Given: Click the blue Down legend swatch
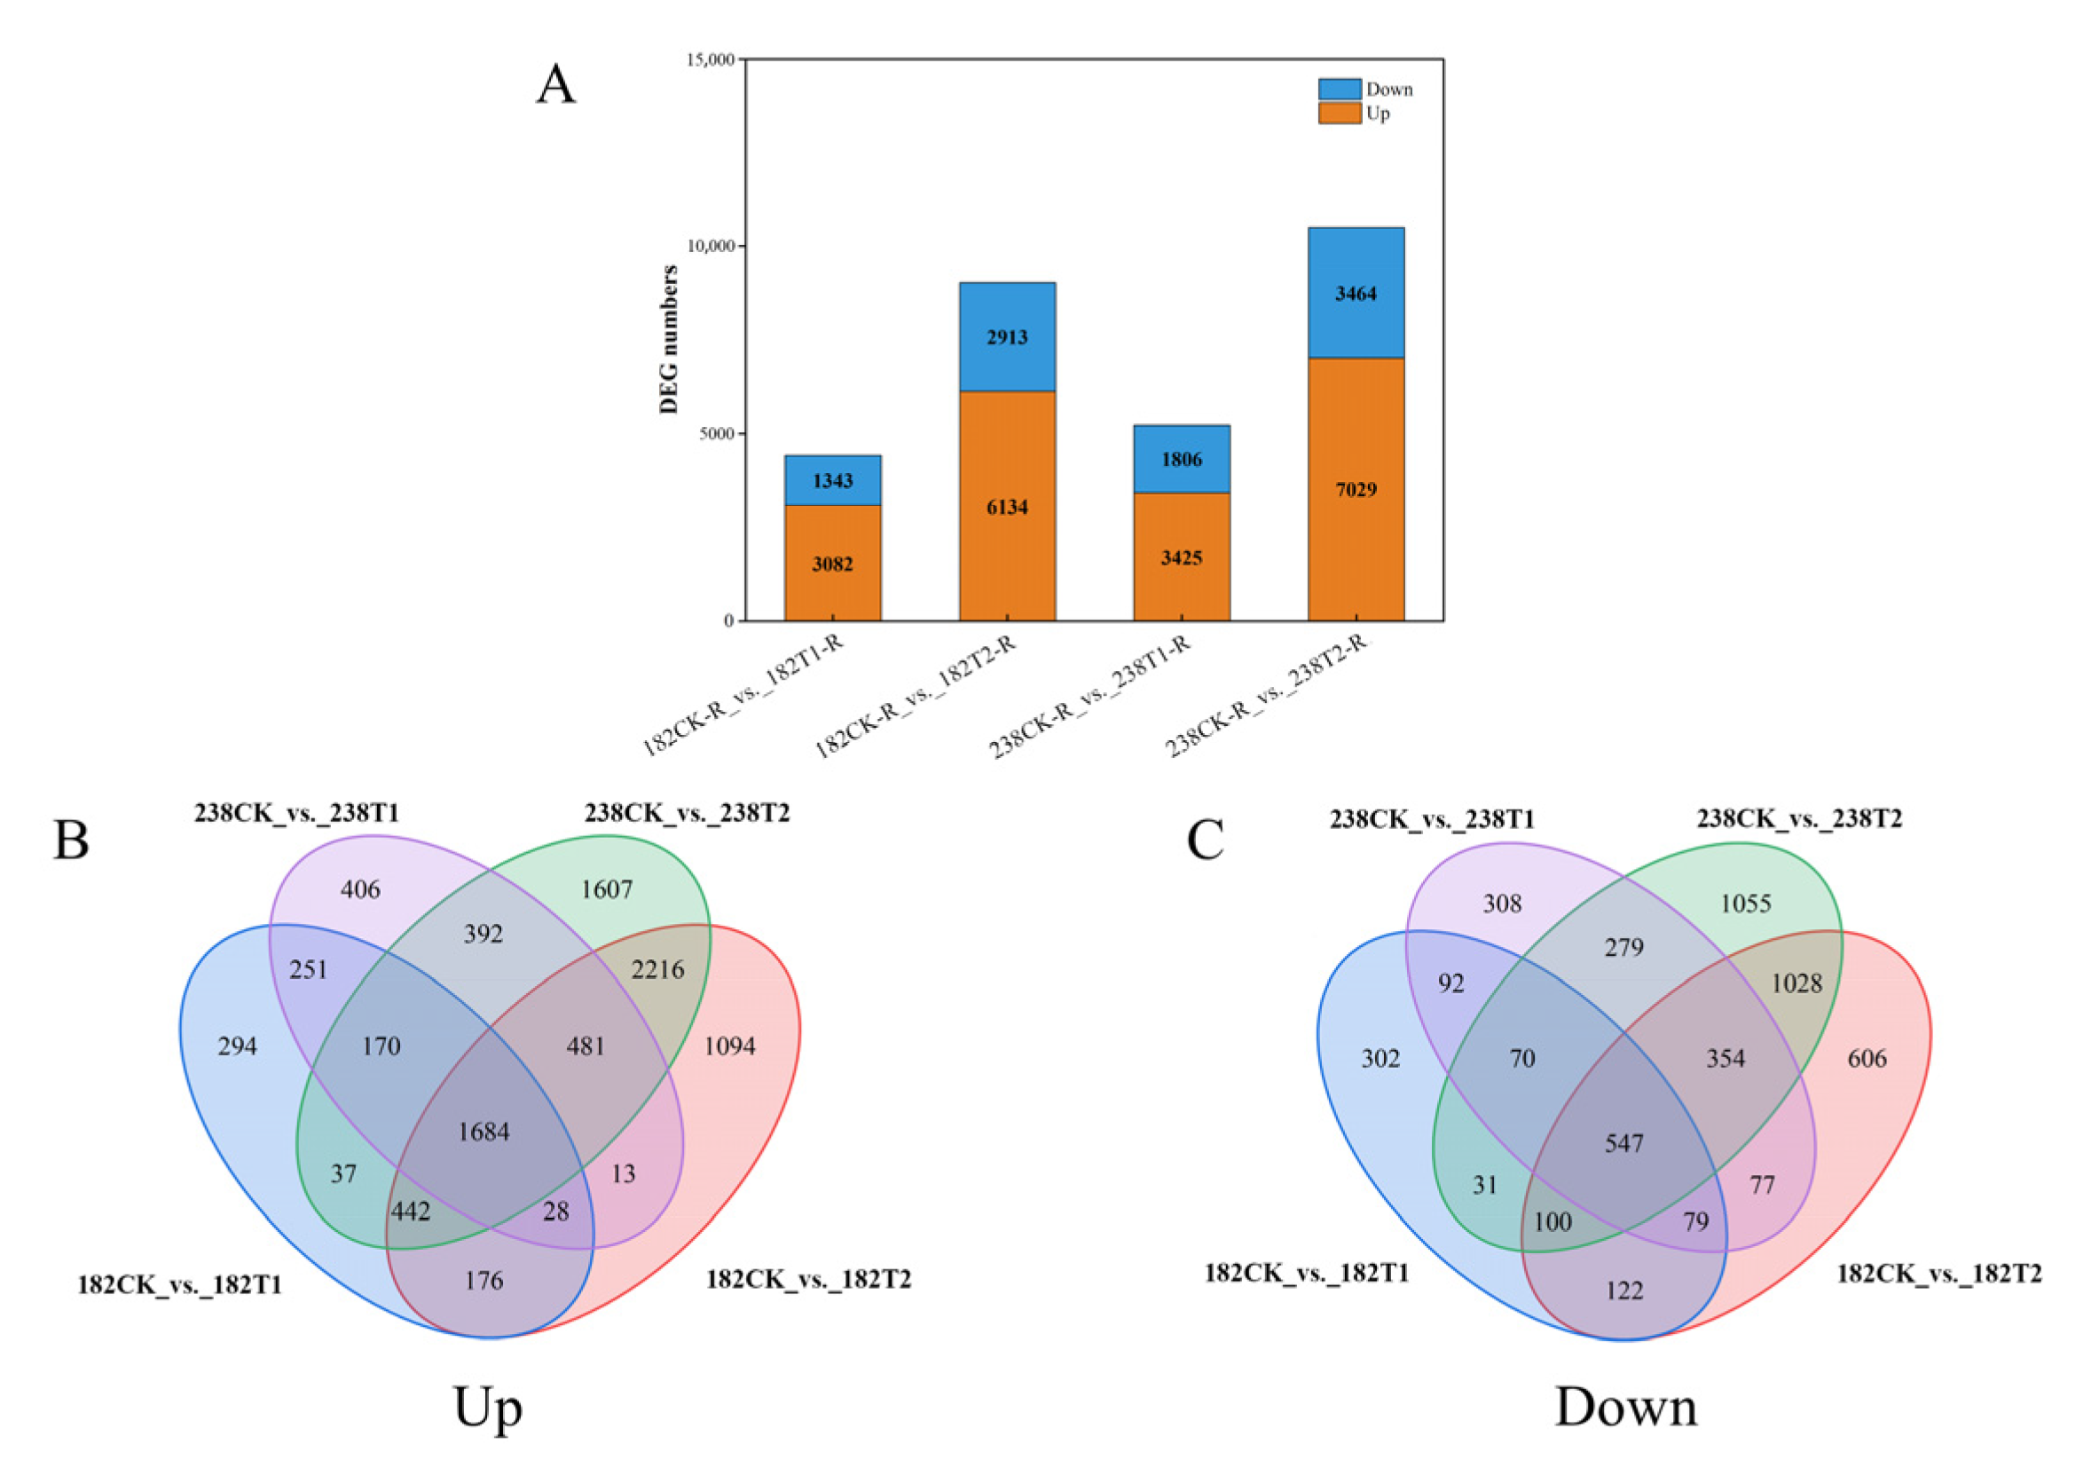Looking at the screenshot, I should point(1339,89).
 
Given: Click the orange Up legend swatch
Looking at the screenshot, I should point(1339,114).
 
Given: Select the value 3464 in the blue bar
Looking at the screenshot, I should point(1355,294).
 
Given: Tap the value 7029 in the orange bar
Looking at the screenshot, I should point(1355,490).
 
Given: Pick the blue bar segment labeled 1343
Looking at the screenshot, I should point(832,481).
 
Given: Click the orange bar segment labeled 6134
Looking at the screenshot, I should point(1007,508).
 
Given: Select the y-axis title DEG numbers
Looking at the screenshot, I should point(669,339).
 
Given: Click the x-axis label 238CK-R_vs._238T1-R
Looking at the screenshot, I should point(1090,697).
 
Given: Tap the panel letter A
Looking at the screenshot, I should point(556,85).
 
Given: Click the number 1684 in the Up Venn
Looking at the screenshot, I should point(483,1133).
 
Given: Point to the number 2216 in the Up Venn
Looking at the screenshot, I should point(657,969).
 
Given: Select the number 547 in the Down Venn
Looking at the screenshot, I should point(1623,1143).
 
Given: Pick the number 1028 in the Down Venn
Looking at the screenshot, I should point(1796,984).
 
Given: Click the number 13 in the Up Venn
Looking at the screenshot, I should point(624,1174).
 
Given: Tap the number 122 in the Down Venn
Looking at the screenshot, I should point(1623,1291).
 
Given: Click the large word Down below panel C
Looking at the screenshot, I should point(1625,1408).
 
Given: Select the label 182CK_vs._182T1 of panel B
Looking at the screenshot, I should point(180,1286).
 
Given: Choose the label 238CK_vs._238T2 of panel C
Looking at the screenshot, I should point(1799,818).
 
